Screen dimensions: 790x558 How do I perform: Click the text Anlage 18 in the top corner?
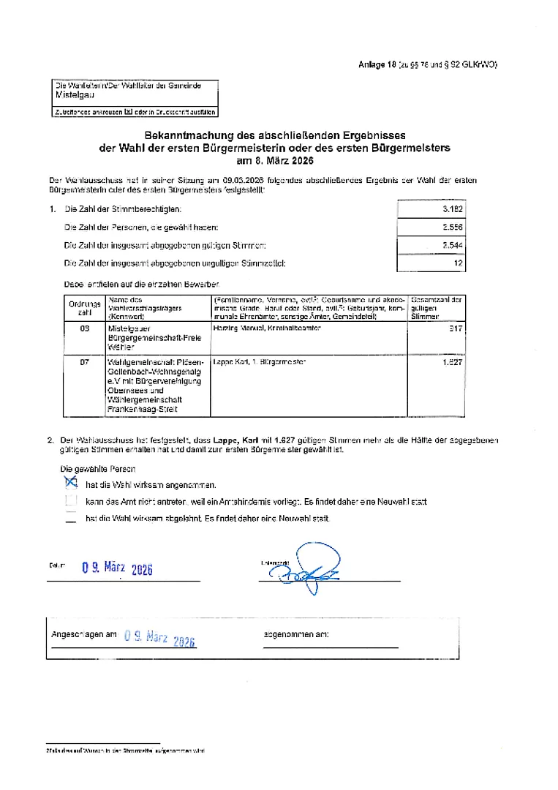coord(377,65)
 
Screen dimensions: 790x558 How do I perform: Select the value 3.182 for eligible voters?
coord(453,209)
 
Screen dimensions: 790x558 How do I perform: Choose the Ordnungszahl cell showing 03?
coord(85,329)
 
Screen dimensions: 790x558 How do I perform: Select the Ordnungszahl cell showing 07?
coord(85,362)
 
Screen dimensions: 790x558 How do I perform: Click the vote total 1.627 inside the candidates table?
coord(452,362)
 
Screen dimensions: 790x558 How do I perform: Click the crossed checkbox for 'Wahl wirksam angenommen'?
coord(71,482)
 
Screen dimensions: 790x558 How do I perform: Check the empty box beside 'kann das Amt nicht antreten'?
coord(71,501)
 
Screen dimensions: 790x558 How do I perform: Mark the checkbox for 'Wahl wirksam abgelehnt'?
coord(71,519)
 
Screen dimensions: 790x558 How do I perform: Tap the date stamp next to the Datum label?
coord(117,568)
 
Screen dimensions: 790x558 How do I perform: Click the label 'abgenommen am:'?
coord(295,634)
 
